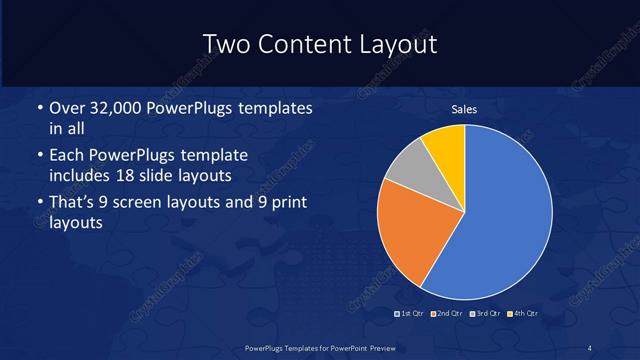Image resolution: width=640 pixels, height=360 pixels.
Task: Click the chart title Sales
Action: pyautogui.click(x=464, y=109)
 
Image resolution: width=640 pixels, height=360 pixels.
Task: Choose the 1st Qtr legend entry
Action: pyautogui.click(x=410, y=314)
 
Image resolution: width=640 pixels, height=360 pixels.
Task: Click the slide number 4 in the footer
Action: pyautogui.click(x=590, y=347)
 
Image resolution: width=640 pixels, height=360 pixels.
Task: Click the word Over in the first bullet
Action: pyautogui.click(x=65, y=108)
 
